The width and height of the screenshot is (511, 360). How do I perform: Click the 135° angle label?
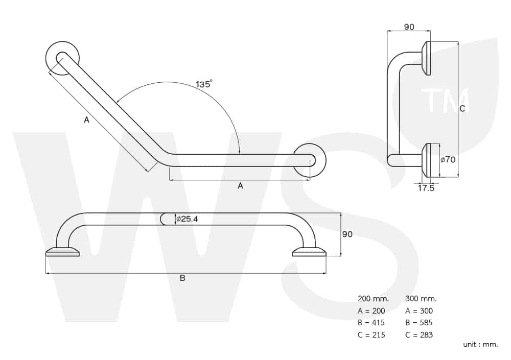[x=204, y=84]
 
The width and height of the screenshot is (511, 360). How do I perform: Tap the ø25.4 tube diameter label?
[x=187, y=219]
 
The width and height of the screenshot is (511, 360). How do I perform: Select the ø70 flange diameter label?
[x=448, y=160]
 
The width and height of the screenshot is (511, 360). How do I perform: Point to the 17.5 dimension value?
[x=426, y=188]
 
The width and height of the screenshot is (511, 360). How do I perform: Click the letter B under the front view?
[x=182, y=278]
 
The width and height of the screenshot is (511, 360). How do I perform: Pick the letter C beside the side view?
[x=462, y=108]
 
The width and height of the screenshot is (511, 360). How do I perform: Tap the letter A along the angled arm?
[x=86, y=120]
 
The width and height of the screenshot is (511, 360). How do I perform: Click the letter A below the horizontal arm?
[x=240, y=186]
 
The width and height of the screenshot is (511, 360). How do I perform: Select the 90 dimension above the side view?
[x=409, y=27]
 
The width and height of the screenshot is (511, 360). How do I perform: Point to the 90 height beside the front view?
[x=347, y=234]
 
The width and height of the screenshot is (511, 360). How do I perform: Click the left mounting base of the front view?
[x=62, y=252]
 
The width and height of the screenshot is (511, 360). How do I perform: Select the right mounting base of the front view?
[x=309, y=252]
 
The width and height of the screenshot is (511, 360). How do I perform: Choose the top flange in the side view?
[x=426, y=58]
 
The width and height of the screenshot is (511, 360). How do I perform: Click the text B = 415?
[x=371, y=323]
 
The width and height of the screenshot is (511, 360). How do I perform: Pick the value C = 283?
[x=419, y=334]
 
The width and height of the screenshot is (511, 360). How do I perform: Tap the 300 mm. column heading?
[x=421, y=298]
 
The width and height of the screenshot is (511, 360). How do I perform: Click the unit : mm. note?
[x=481, y=344]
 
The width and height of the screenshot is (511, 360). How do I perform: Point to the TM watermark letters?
[x=445, y=101]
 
